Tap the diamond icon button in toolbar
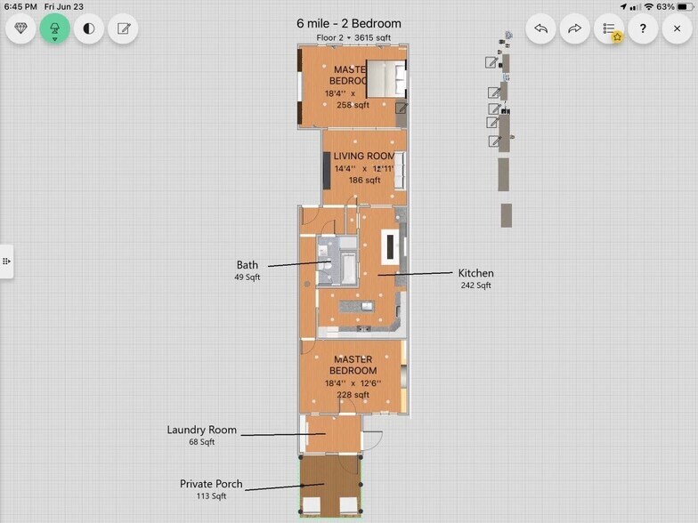click(20, 28)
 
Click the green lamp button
click(54, 28)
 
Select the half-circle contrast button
click(88, 28)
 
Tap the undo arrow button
click(540, 28)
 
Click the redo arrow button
click(574, 28)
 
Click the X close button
click(677, 28)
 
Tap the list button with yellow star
click(609, 28)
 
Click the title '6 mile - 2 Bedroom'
click(348, 23)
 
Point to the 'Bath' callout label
click(248, 265)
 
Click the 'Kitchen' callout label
click(475, 273)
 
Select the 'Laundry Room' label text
click(202, 430)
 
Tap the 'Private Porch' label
click(211, 484)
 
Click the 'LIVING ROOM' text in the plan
click(363, 157)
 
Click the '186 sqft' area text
click(363, 180)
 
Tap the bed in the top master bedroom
click(386, 78)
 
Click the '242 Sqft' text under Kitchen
click(475, 286)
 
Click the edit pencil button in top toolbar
click(123, 28)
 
